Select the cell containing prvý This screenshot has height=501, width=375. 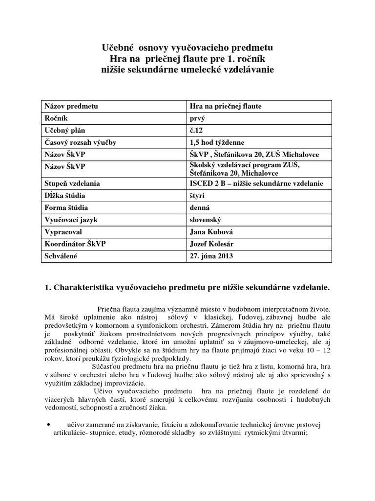197,118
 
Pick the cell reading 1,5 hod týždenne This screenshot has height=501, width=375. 217,142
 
